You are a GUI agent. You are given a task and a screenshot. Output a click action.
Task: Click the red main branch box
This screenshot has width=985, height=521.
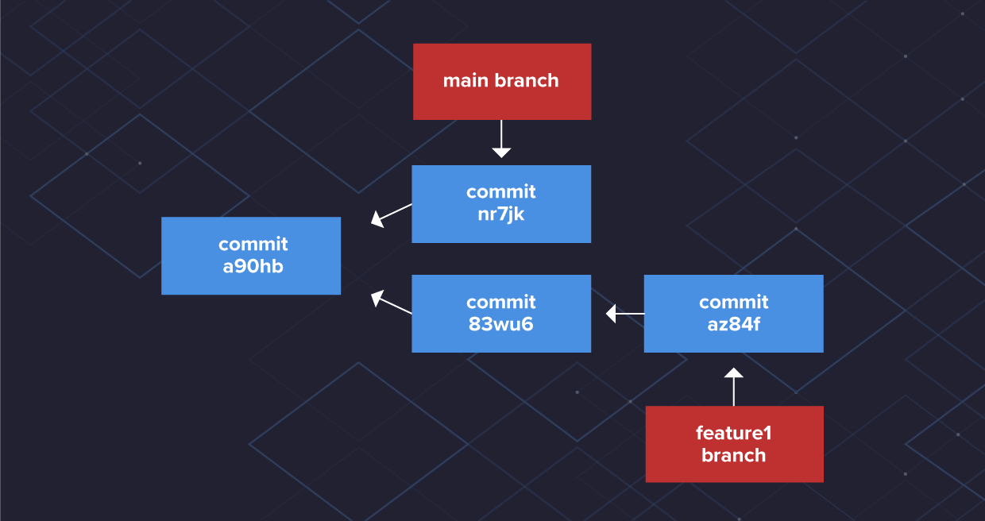pyautogui.click(x=501, y=82)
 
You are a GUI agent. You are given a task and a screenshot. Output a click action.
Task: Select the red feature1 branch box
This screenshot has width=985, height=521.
pyautogui.click(x=734, y=444)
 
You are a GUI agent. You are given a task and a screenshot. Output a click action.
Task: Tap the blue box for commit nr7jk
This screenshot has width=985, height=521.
pyautogui.click(x=501, y=203)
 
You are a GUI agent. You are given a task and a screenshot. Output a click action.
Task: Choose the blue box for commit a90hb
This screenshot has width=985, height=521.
pyautogui.click(x=251, y=256)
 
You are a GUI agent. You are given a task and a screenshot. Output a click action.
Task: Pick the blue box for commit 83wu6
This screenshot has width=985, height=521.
pyautogui.click(x=501, y=314)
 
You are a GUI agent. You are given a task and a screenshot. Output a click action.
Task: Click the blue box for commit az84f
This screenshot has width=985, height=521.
pyautogui.click(x=733, y=314)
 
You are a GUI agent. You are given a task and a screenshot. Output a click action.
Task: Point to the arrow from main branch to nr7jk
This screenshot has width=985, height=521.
pyautogui.click(x=501, y=141)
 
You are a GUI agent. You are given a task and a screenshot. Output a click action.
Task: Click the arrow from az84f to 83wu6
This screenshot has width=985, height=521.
pyautogui.click(x=624, y=314)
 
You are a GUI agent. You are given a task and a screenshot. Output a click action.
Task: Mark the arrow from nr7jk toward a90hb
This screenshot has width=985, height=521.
pyautogui.click(x=391, y=214)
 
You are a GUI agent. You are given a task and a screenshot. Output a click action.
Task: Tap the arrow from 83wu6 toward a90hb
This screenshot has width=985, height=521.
pyautogui.click(x=391, y=304)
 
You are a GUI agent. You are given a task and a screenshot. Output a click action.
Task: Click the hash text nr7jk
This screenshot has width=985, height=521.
pyautogui.click(x=501, y=214)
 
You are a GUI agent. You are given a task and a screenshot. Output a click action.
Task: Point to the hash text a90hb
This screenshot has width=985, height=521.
pyautogui.click(x=253, y=266)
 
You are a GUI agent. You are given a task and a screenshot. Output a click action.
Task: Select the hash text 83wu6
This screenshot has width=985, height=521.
pyautogui.click(x=501, y=324)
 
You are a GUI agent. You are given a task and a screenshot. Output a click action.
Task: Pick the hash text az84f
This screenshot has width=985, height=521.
pyautogui.click(x=733, y=324)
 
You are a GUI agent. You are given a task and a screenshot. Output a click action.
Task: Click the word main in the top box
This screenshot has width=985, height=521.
pyautogui.click(x=465, y=81)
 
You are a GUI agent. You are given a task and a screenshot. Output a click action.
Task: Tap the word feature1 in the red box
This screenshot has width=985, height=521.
pyautogui.click(x=734, y=434)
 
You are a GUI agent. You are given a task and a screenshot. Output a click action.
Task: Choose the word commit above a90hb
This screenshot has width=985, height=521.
pyautogui.click(x=253, y=245)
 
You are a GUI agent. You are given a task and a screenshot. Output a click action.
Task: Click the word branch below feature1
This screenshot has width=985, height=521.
pyautogui.click(x=734, y=455)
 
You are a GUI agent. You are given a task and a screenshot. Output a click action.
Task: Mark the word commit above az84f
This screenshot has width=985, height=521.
pyautogui.click(x=733, y=303)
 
